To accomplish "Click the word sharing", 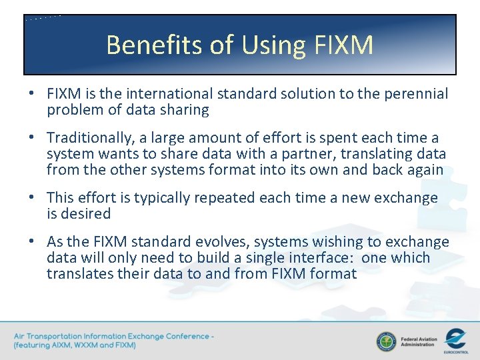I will click(x=183, y=110).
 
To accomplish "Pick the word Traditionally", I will click(x=88, y=138).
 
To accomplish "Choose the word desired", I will click(x=86, y=214).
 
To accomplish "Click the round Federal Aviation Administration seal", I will click(x=385, y=341).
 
